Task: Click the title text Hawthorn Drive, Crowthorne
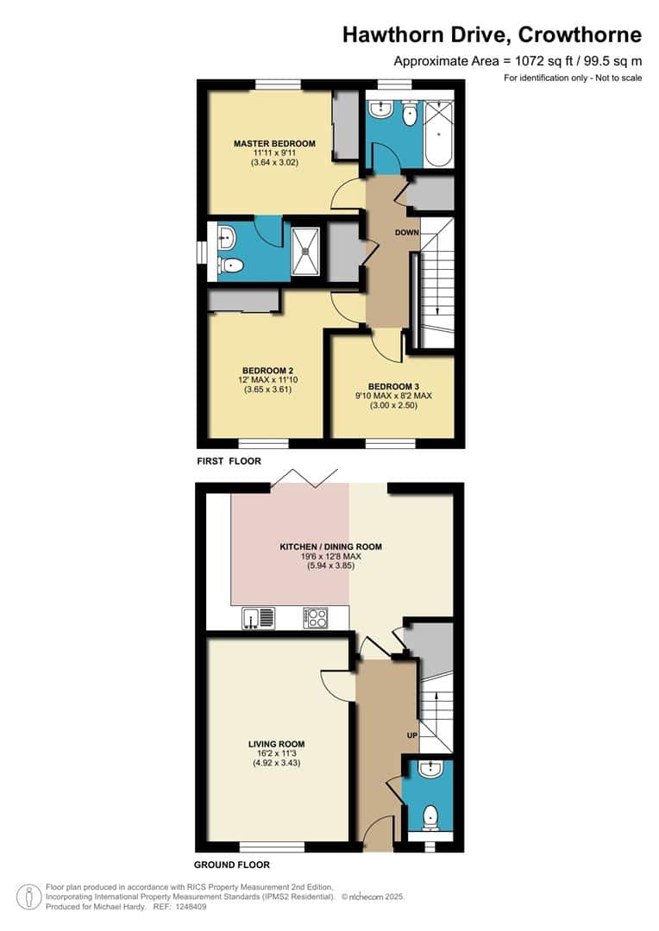pyautogui.click(x=492, y=34)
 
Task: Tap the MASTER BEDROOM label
pyautogui.click(x=274, y=143)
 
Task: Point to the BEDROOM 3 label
pyautogui.click(x=392, y=386)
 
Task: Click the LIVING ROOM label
pyautogui.click(x=276, y=744)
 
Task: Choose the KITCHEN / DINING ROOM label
pyautogui.click(x=330, y=547)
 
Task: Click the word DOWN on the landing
pyautogui.click(x=406, y=233)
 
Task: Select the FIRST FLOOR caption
pyautogui.click(x=229, y=461)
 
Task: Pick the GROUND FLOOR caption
pyautogui.click(x=232, y=865)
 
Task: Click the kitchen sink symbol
pyautogui.click(x=259, y=617)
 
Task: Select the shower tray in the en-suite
pyautogui.click(x=307, y=253)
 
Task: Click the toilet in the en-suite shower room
pyautogui.click(x=227, y=266)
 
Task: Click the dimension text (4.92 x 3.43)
pyautogui.click(x=276, y=763)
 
